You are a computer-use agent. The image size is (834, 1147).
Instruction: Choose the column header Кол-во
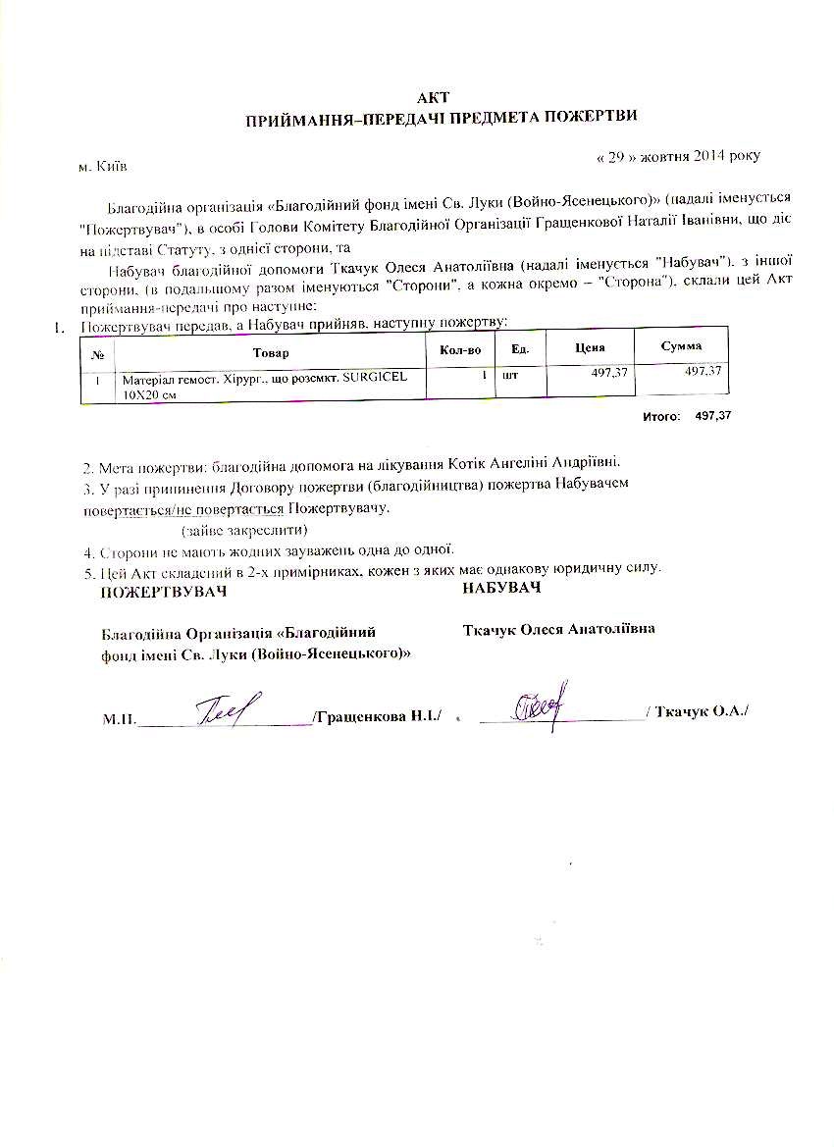click(x=459, y=349)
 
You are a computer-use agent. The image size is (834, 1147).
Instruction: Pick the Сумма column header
click(x=681, y=346)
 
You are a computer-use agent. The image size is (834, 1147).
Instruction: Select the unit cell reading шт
click(x=509, y=375)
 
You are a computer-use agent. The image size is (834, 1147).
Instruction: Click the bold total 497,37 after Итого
click(x=713, y=416)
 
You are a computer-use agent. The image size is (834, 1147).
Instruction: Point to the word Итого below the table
click(x=661, y=417)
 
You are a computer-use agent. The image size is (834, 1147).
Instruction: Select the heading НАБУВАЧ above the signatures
click(x=501, y=588)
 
